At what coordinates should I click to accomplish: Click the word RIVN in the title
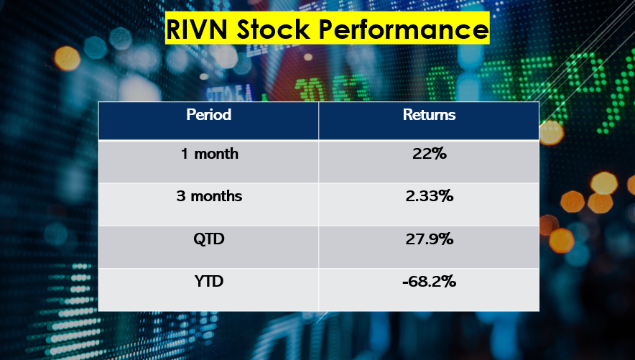pyautogui.click(x=196, y=29)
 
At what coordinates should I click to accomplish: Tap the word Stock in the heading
pyautogui.click(x=272, y=29)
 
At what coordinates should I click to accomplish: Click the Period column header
pyautogui.click(x=208, y=114)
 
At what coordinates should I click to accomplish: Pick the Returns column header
pyautogui.click(x=430, y=114)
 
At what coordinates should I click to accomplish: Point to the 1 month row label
pyautogui.click(x=209, y=154)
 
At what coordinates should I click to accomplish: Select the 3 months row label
pyautogui.click(x=209, y=196)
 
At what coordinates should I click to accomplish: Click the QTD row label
pyautogui.click(x=208, y=239)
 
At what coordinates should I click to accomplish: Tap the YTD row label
pyautogui.click(x=209, y=281)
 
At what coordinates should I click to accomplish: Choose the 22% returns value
pyautogui.click(x=430, y=154)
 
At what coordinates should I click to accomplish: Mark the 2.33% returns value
pyautogui.click(x=430, y=196)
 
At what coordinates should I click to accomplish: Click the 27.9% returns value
pyautogui.click(x=430, y=239)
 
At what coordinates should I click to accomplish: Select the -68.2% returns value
pyautogui.click(x=430, y=281)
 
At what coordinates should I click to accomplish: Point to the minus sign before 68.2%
pyautogui.click(x=405, y=282)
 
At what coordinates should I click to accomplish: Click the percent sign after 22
pyautogui.click(x=439, y=154)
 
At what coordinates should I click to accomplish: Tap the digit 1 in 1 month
pyautogui.click(x=185, y=154)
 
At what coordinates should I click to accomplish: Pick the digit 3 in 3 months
pyautogui.click(x=181, y=196)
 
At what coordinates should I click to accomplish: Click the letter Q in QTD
pyautogui.click(x=199, y=239)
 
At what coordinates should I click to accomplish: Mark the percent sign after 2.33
pyautogui.click(x=446, y=196)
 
